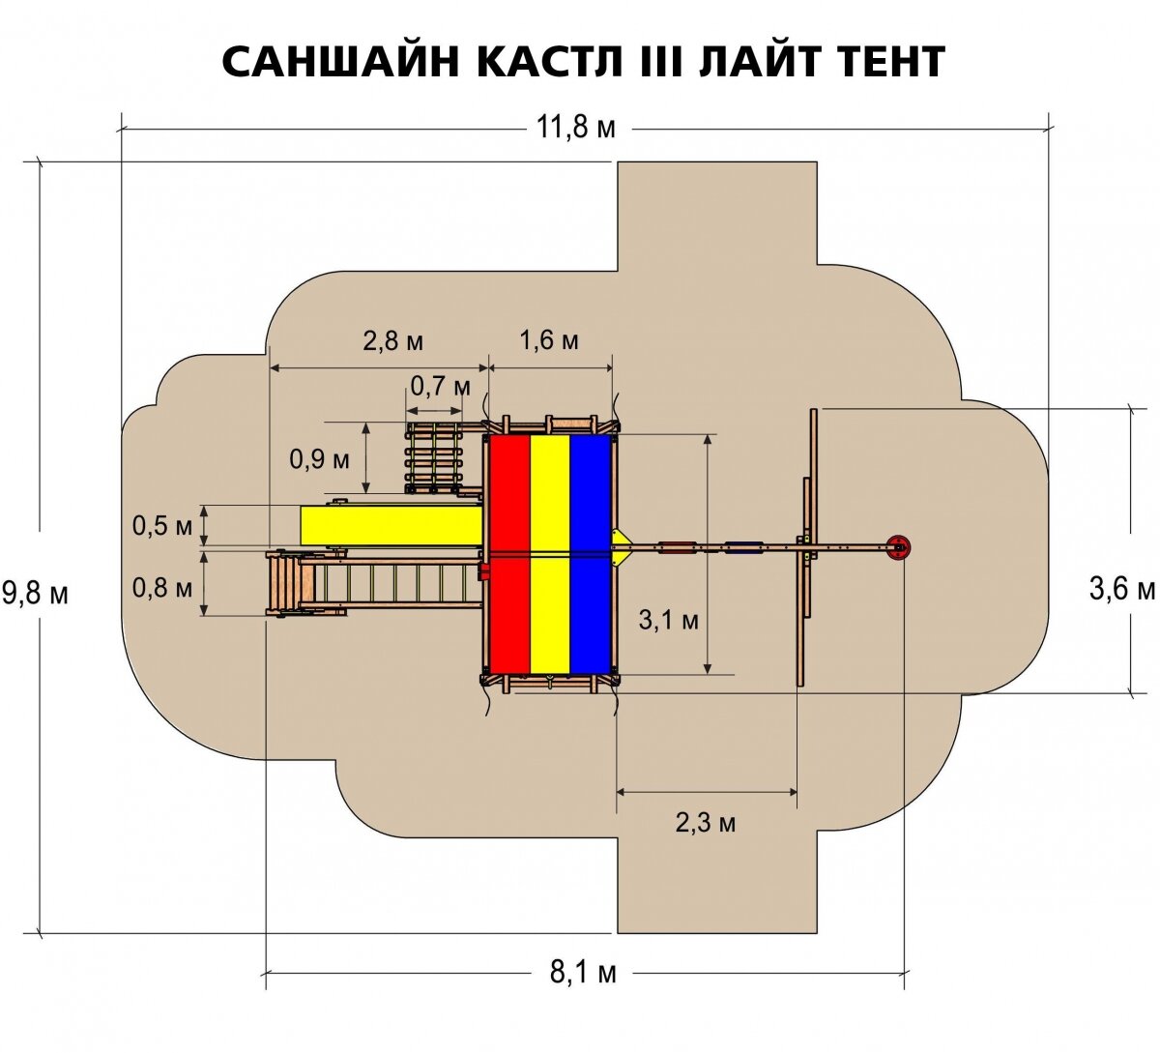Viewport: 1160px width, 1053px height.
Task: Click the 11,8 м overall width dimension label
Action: coord(576,128)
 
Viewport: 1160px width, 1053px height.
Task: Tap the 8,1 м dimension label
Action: coord(583,972)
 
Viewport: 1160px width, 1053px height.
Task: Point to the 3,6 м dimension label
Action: coord(1122,589)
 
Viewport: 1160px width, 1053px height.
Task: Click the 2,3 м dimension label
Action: coord(706,823)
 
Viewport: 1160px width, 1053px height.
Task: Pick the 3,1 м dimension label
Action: coord(668,620)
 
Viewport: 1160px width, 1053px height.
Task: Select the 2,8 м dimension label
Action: coord(392,340)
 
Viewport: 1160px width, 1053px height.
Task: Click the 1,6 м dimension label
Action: coord(549,340)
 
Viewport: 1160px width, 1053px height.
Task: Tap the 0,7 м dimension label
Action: coord(440,387)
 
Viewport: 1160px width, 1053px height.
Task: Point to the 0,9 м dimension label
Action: coord(319,459)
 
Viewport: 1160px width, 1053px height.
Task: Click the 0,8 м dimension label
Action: coord(162,587)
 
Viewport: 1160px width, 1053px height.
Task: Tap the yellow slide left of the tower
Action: coord(391,525)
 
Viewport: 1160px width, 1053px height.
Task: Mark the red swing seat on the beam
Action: coord(678,548)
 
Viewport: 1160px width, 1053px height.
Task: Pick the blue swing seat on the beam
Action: coord(743,548)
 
